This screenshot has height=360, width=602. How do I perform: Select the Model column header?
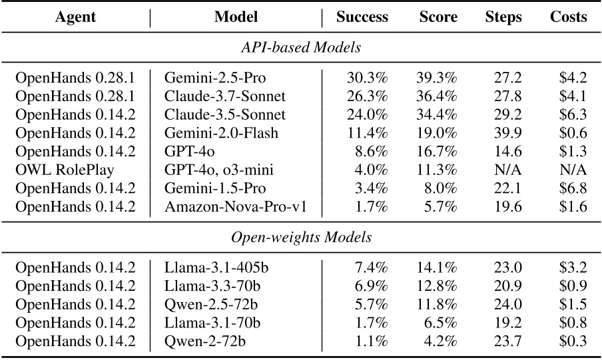pos(236,17)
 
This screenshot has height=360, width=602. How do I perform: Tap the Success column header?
pos(362,17)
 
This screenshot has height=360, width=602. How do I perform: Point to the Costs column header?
pos(568,17)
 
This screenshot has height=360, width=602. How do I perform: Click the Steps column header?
pos(503,17)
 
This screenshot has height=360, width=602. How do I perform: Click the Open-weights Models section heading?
pos(301,237)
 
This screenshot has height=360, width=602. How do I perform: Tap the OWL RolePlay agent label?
pos(65,170)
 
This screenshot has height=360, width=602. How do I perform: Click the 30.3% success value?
pos(368,77)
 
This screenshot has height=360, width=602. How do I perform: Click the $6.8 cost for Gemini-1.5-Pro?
pos(573,188)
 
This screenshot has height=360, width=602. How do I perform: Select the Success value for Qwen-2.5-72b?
pos(370,305)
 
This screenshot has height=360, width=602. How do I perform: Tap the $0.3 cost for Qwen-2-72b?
pos(573,342)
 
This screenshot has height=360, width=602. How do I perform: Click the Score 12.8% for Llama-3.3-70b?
pos(437,287)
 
